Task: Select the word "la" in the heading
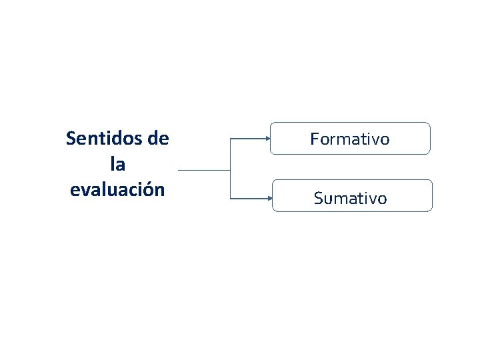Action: (117, 163)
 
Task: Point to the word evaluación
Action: (117, 189)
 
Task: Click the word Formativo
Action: (350, 139)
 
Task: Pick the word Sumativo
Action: (350, 198)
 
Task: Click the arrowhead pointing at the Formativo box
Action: (267, 139)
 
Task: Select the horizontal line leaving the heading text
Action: (203, 169)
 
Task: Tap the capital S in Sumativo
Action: (318, 198)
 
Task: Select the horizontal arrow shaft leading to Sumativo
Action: (248, 198)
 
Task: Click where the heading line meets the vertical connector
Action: (230, 169)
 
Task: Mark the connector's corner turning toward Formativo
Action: (230, 139)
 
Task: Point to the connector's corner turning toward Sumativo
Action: (230, 198)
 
